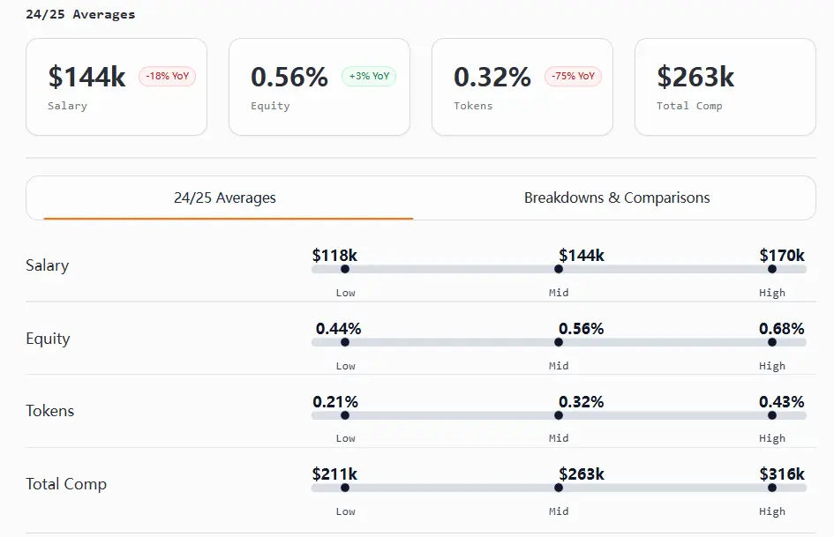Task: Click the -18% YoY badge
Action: (x=167, y=77)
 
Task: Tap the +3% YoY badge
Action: (x=369, y=77)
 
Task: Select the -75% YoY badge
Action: (x=573, y=77)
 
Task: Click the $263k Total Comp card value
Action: (x=695, y=77)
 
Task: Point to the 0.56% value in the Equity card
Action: (x=289, y=77)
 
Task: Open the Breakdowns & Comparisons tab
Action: (x=617, y=198)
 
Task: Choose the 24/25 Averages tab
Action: (x=225, y=198)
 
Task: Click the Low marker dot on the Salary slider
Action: (x=345, y=269)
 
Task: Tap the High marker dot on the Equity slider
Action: (x=772, y=342)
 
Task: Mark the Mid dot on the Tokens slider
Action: (x=559, y=415)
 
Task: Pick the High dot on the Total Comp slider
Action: (x=772, y=488)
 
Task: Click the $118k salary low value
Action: (x=334, y=256)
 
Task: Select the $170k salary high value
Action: (x=782, y=256)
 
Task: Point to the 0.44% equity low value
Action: (x=338, y=329)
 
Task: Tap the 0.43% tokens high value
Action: (x=782, y=402)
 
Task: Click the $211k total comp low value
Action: (x=334, y=474)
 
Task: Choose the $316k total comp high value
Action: (x=782, y=474)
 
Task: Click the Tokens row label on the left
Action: (x=50, y=411)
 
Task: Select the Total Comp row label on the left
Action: (x=66, y=484)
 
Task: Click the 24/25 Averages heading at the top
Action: (x=80, y=15)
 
